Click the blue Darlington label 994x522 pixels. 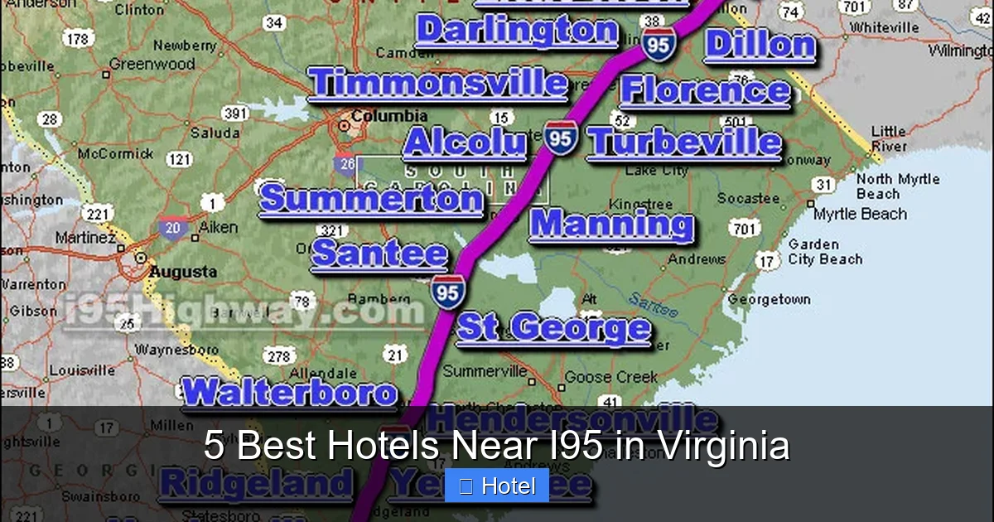[x=517, y=31]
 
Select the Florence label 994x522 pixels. [x=705, y=91]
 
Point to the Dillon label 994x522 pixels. [x=760, y=46]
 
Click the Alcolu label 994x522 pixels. [x=464, y=143]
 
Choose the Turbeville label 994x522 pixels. [x=684, y=143]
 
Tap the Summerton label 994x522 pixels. [x=370, y=200]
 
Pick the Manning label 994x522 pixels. [x=611, y=224]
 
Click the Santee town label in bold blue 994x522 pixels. [x=379, y=254]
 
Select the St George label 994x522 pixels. [x=553, y=328]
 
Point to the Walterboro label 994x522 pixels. [x=289, y=393]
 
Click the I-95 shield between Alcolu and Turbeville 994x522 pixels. [x=561, y=138]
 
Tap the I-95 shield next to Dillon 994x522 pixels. [x=658, y=45]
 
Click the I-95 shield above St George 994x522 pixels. [x=447, y=292]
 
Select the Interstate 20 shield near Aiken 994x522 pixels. [x=174, y=228]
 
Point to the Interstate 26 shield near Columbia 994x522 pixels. [x=346, y=162]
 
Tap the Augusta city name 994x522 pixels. [x=182, y=272]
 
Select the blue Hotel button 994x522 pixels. [x=497, y=486]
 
